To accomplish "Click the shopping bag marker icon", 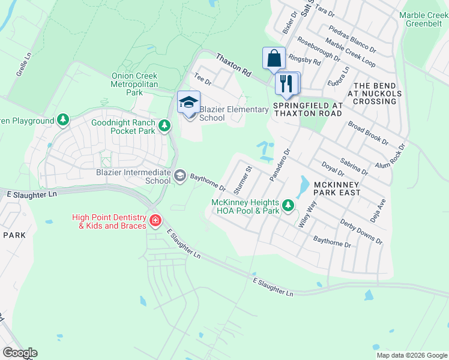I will click(x=274, y=59).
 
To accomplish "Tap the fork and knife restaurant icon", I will click(x=286, y=83).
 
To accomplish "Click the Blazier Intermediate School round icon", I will click(x=180, y=176).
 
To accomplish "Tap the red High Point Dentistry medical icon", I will click(x=155, y=221).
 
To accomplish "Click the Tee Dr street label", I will click(x=200, y=79).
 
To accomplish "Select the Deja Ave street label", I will click(x=381, y=195).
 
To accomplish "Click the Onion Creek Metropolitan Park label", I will click(x=134, y=84).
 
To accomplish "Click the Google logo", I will click(x=20, y=353).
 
